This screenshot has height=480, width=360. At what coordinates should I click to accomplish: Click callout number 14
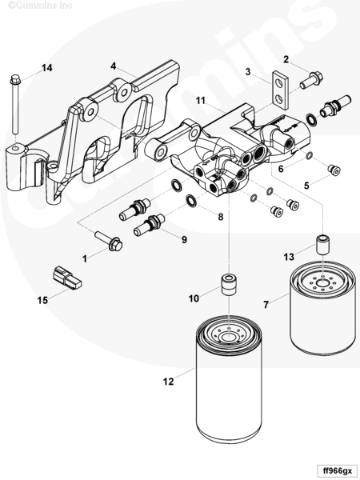(x=47, y=68)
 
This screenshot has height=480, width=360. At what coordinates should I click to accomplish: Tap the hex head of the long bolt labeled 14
(x=15, y=79)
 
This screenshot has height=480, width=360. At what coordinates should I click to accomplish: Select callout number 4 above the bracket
(x=114, y=66)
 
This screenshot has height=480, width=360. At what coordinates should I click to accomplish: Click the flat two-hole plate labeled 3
(x=281, y=90)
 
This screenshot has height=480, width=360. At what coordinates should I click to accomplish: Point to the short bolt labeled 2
(x=311, y=79)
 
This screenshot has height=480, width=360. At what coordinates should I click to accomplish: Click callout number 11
(x=200, y=100)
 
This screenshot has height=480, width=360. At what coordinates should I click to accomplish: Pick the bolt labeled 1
(x=109, y=241)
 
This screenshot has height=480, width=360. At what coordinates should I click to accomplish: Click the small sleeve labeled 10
(x=228, y=285)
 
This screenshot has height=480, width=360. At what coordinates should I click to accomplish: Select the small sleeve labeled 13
(x=323, y=244)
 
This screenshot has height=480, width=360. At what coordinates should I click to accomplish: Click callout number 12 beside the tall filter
(x=168, y=381)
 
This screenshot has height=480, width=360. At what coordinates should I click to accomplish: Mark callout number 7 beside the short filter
(x=266, y=304)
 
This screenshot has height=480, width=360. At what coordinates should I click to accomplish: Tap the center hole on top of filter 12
(x=227, y=338)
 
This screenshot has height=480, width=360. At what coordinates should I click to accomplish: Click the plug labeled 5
(x=334, y=170)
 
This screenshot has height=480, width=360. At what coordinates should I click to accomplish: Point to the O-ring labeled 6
(x=309, y=155)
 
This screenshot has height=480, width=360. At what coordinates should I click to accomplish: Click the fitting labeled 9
(x=150, y=225)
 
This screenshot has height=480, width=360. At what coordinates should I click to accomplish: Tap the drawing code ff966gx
(x=338, y=470)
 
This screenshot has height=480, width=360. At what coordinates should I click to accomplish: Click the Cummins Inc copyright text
(x=40, y=6)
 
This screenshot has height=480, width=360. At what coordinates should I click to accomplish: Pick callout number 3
(x=248, y=72)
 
